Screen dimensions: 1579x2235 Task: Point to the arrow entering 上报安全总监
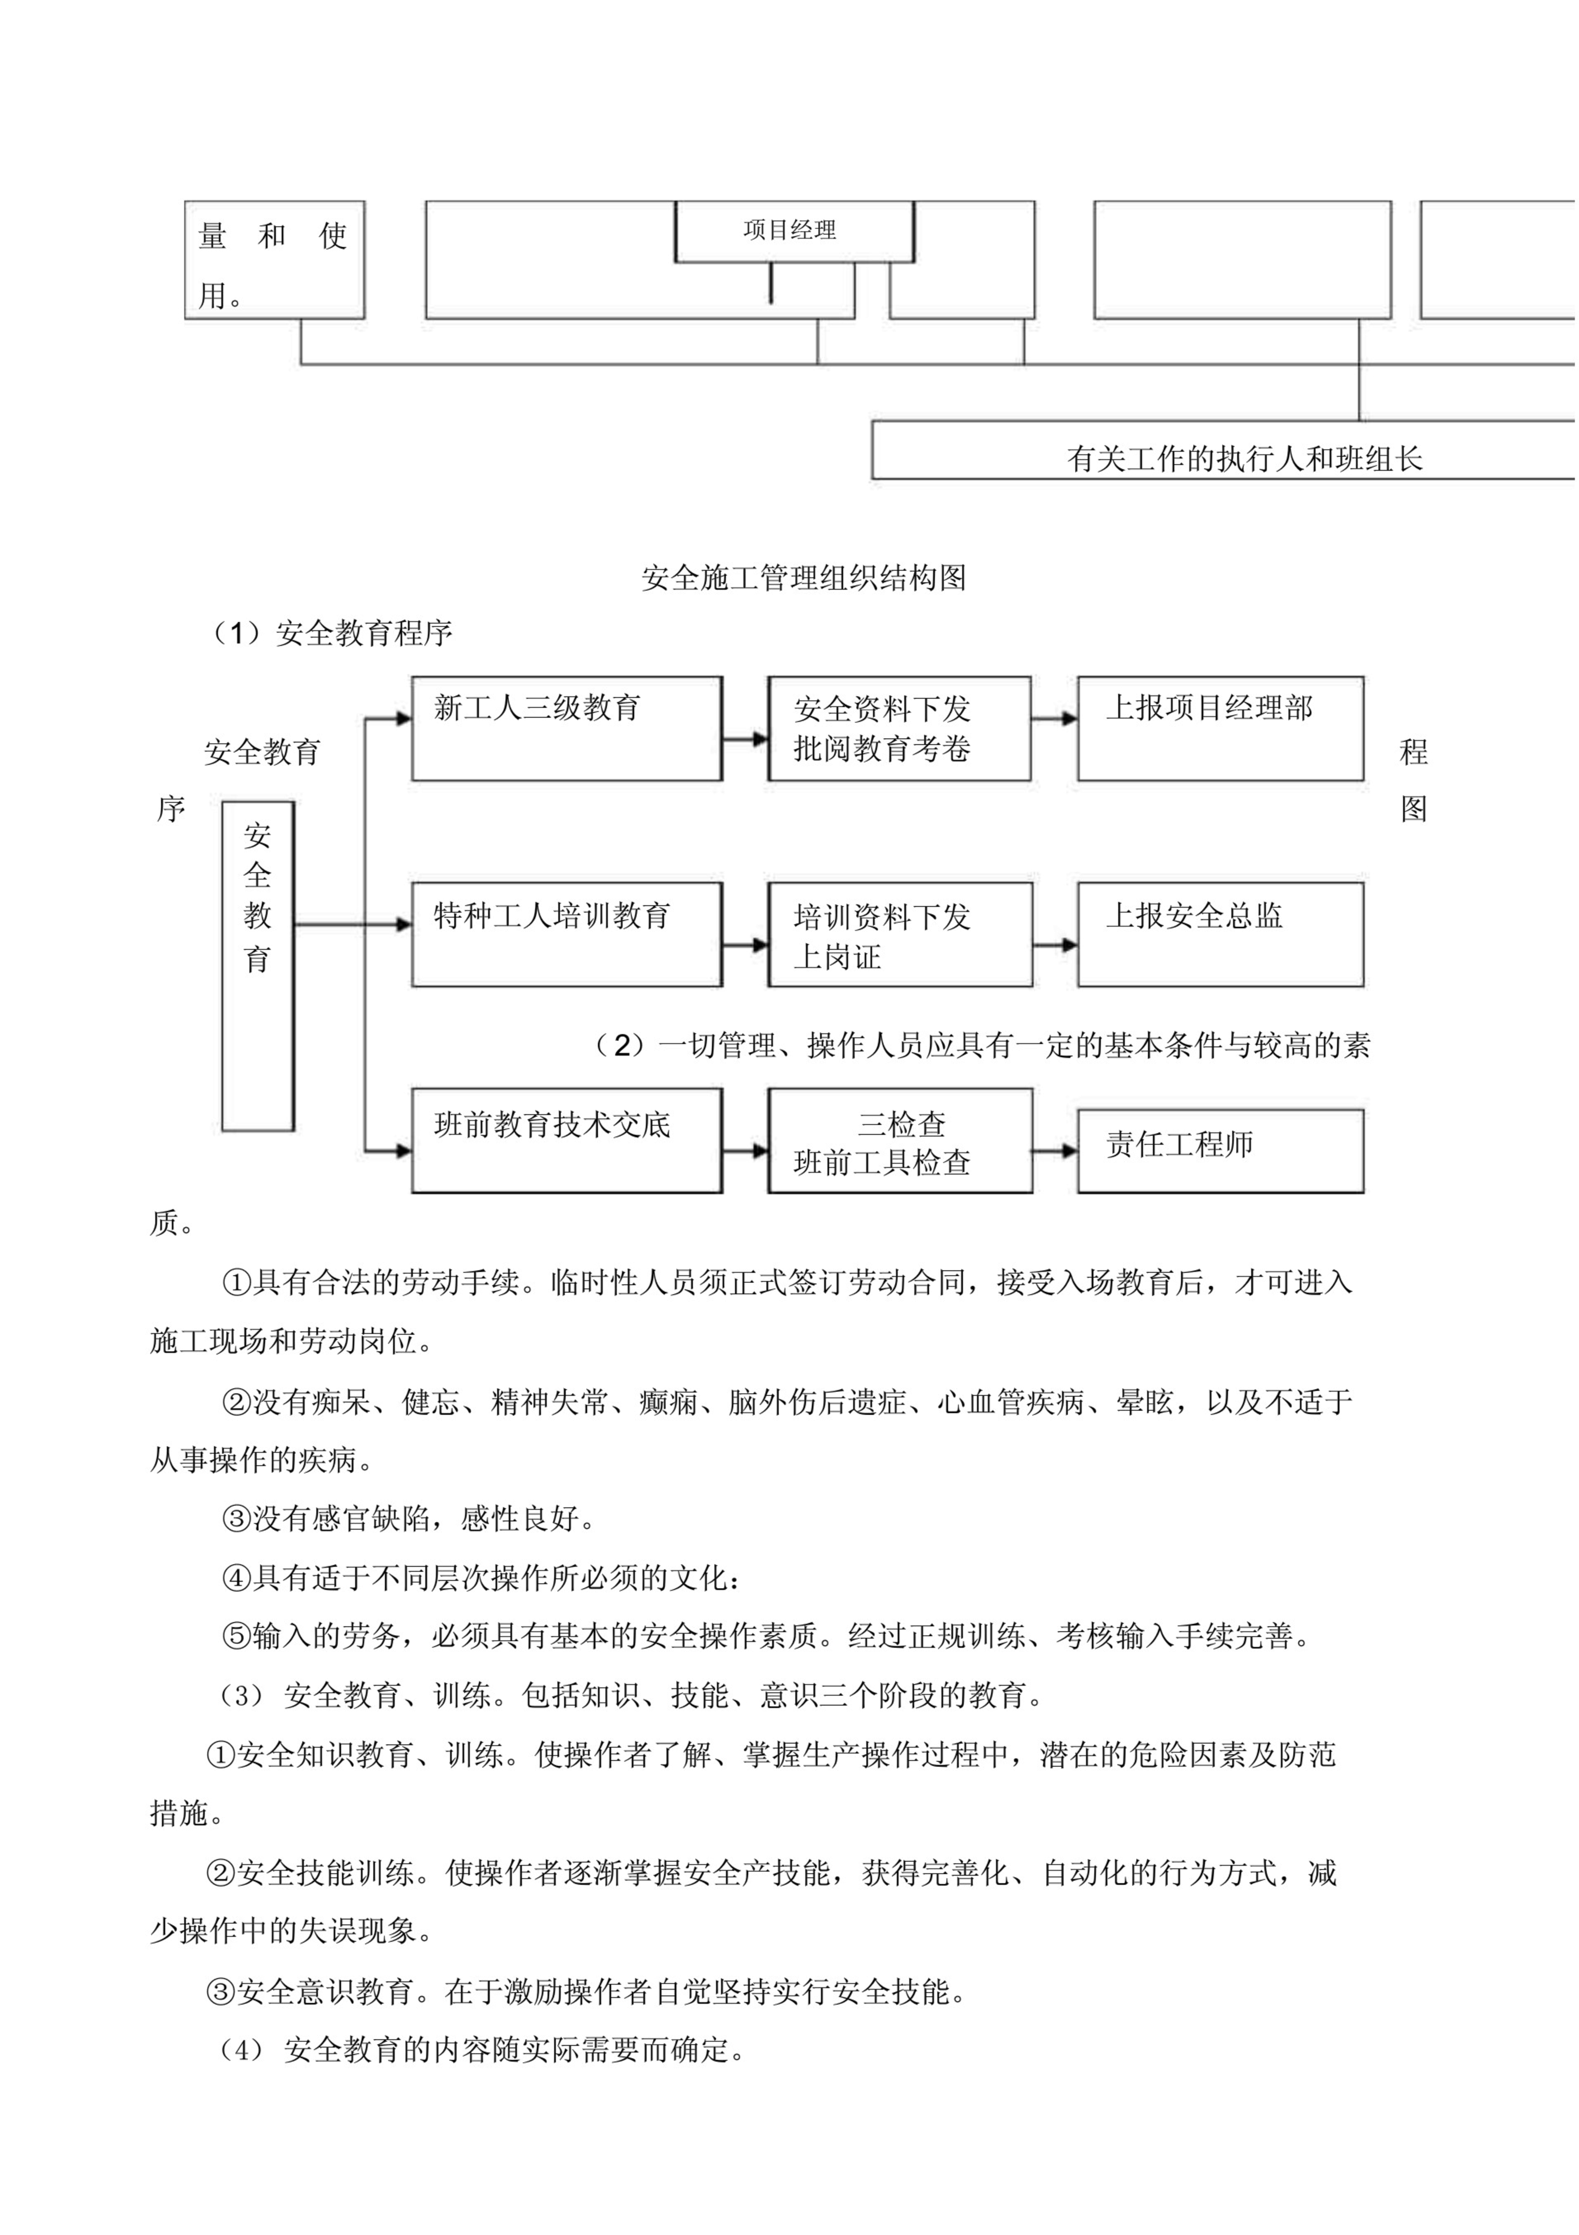pos(1055,945)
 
